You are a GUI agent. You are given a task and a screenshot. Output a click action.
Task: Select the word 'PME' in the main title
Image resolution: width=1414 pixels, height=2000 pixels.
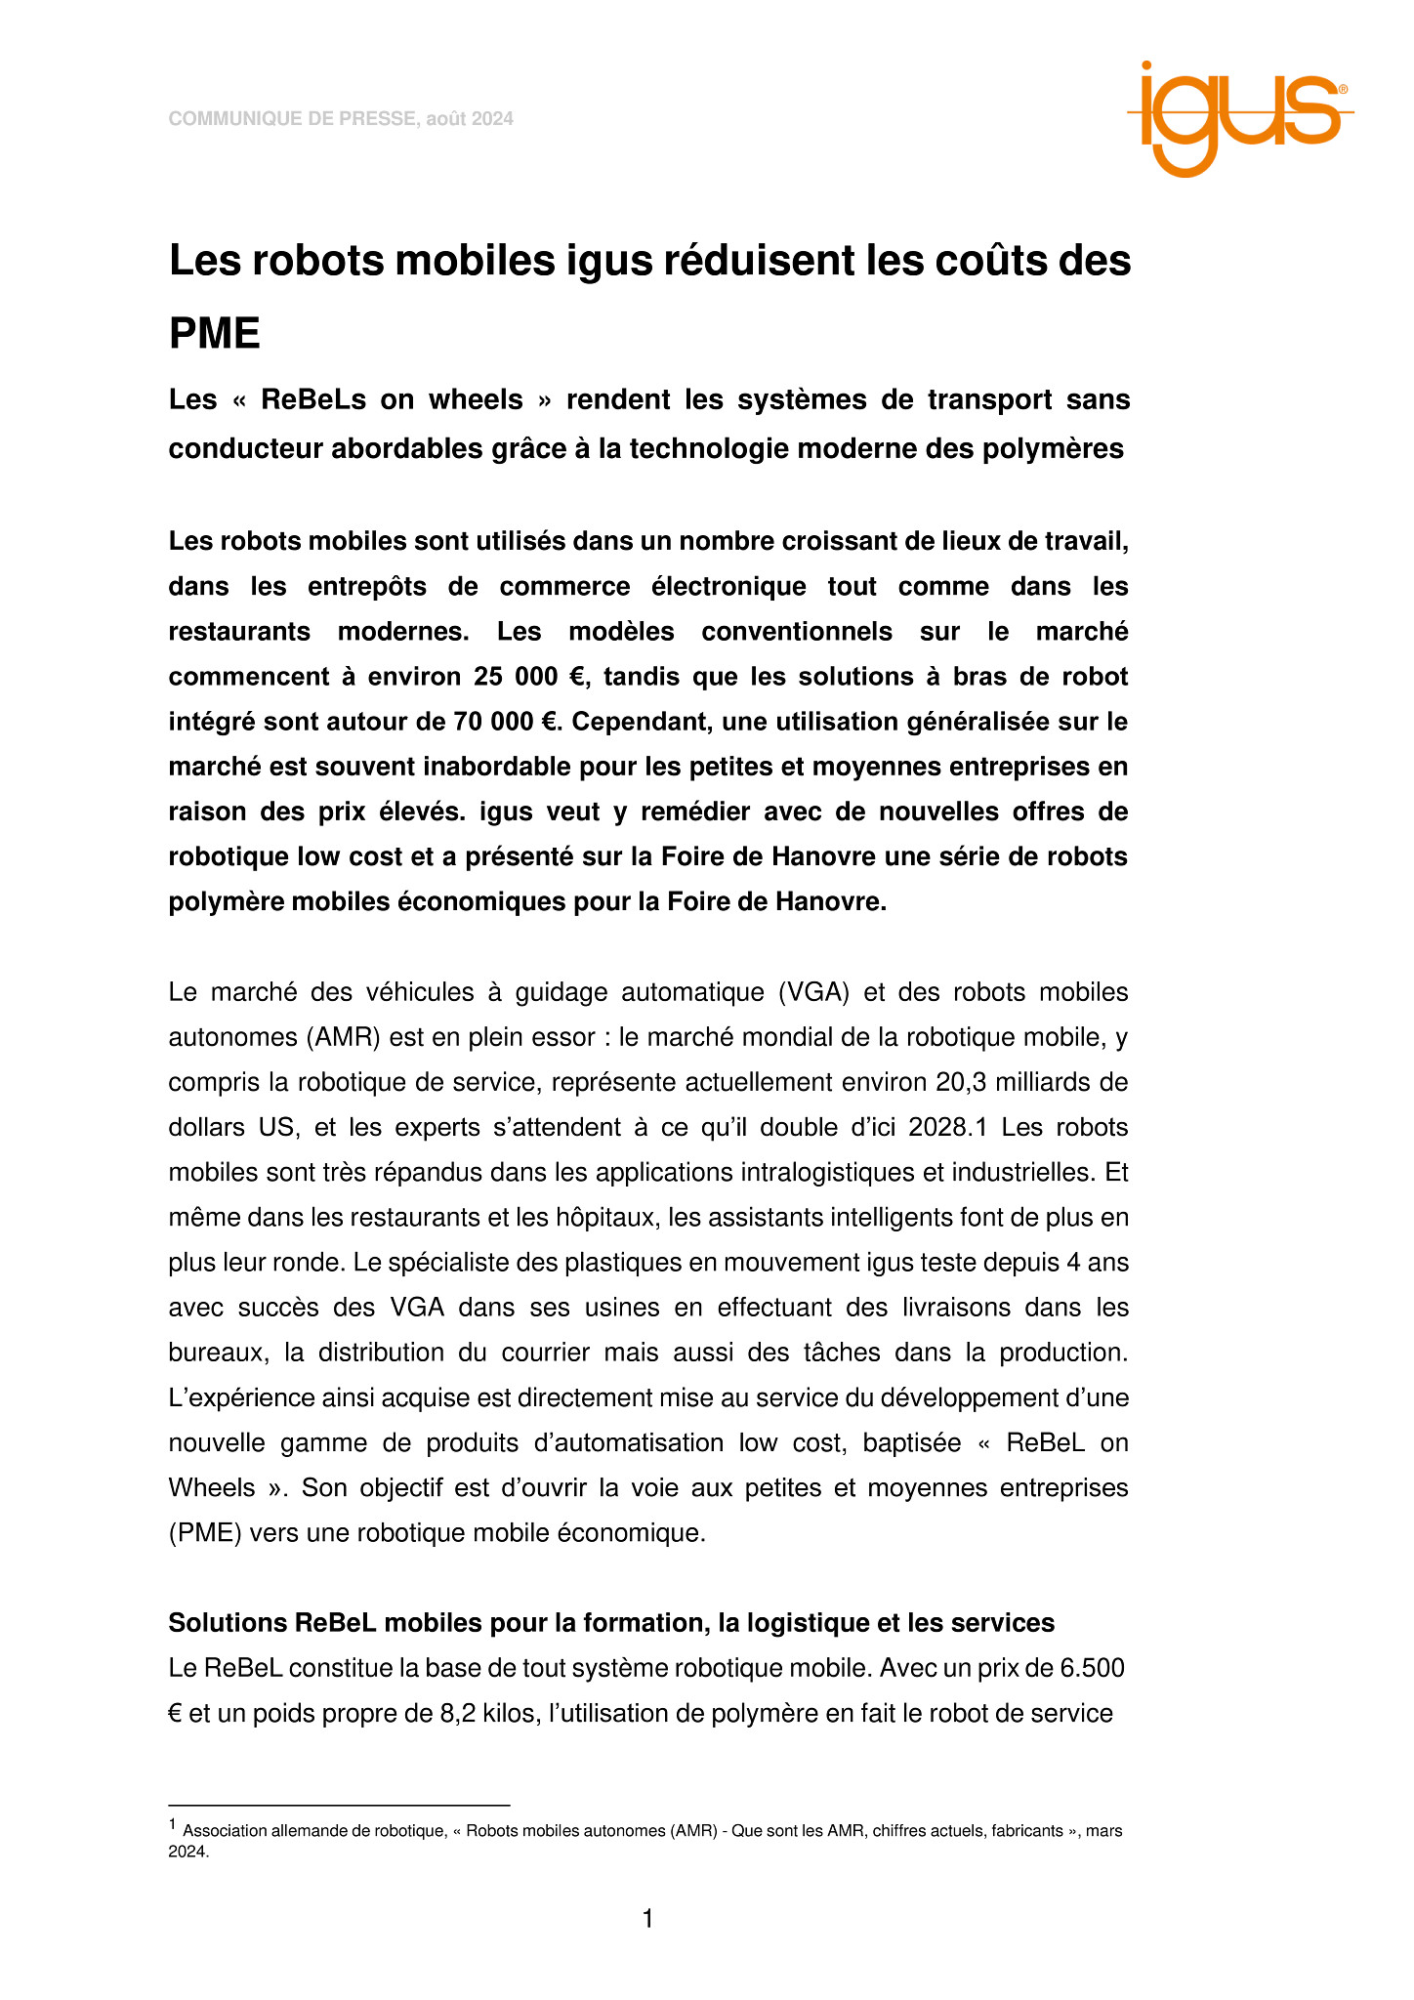215,334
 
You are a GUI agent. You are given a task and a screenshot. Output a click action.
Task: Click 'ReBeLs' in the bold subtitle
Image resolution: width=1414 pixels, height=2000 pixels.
311,400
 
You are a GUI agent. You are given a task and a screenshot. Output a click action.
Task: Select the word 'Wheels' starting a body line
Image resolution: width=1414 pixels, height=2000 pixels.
212,1488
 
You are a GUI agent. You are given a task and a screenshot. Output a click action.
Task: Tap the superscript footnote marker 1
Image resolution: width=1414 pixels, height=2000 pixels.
173,1824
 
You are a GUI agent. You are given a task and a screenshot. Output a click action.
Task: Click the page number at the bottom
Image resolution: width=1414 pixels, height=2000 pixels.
647,1920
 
